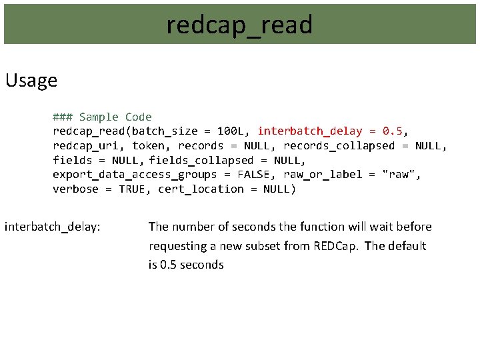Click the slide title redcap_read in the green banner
coord(239,25)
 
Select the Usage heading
coord(31,81)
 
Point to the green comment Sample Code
coord(115,117)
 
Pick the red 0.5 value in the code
coord(392,131)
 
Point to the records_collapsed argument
coord(339,146)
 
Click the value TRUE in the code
coord(135,189)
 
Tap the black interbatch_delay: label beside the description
coord(53,227)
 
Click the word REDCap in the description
coord(333,246)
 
